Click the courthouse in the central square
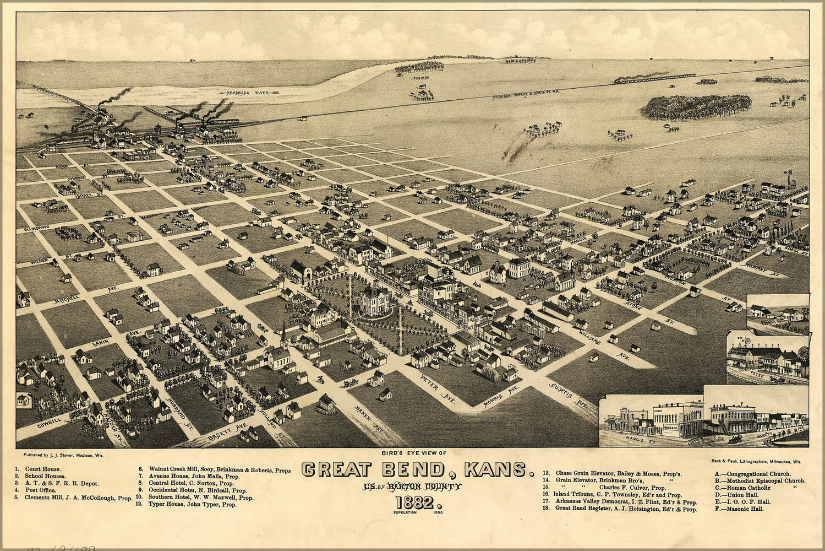point(375,301)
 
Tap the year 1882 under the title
point(417,502)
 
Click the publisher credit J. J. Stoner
point(64,456)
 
